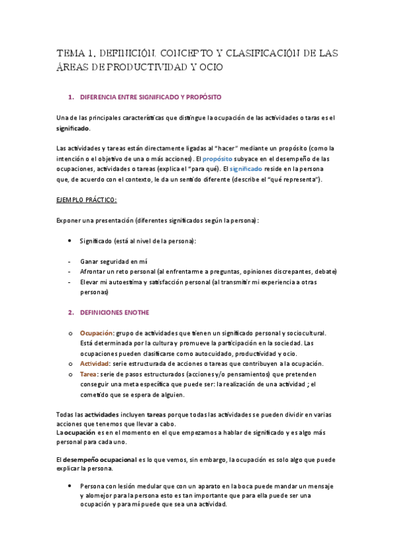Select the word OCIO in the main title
pyautogui.click(x=209, y=67)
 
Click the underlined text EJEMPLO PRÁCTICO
pyautogui.click(x=87, y=199)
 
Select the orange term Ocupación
pyautogui.click(x=97, y=333)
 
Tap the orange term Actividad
pyautogui.click(x=95, y=364)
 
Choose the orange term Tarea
pyautogui.click(x=89, y=374)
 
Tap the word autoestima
pyautogui.click(x=135, y=282)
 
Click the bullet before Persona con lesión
pyautogui.click(x=70, y=486)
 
